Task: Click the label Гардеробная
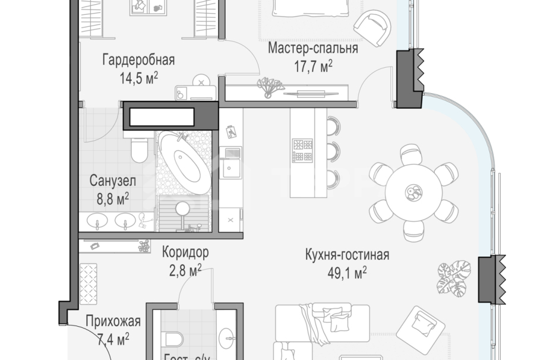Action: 138,59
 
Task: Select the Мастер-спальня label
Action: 312,49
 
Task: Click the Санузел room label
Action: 113,180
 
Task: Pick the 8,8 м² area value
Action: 113,197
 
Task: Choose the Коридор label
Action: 185,252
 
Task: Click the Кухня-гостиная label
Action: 347,255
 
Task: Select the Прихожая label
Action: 113,322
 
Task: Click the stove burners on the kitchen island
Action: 302,150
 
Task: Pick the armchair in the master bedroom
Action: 372,27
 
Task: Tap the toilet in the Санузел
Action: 139,149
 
